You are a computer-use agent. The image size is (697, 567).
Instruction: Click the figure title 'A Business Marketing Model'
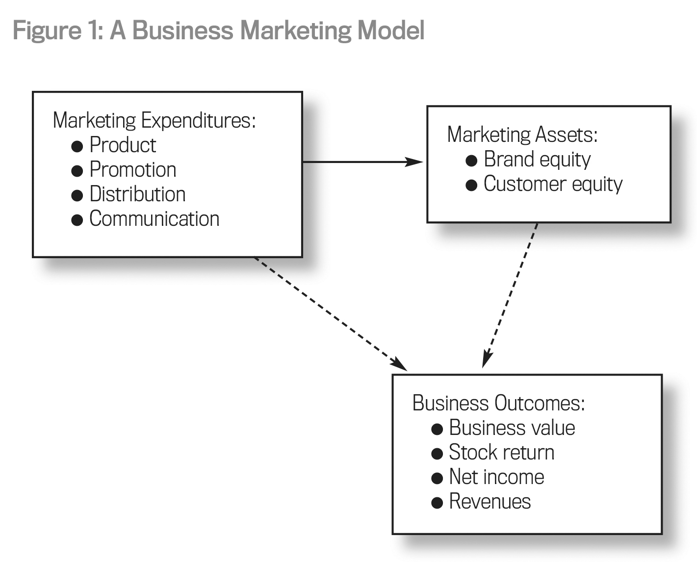[x=218, y=30]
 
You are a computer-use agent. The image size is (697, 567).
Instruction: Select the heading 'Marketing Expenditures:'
[x=154, y=120]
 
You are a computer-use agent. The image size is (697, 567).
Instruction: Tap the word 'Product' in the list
[x=123, y=145]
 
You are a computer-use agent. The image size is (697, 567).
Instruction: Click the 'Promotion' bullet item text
[x=132, y=170]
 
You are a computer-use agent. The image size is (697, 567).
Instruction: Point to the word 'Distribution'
[x=137, y=194]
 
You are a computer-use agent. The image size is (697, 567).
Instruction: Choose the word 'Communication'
[x=154, y=219]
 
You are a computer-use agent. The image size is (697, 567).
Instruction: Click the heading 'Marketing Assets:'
[x=522, y=135]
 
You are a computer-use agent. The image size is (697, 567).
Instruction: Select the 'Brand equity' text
[x=537, y=160]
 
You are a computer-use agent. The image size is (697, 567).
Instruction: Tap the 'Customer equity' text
[x=553, y=184]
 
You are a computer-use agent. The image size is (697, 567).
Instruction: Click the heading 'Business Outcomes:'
[x=498, y=403]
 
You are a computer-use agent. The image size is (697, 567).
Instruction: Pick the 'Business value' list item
[x=512, y=428]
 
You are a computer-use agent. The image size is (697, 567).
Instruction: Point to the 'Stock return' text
[x=501, y=453]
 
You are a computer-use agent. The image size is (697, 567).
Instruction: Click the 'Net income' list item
[x=496, y=477]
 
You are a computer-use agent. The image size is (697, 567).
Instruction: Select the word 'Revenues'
[x=490, y=502]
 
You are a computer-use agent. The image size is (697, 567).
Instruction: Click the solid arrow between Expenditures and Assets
[x=363, y=162]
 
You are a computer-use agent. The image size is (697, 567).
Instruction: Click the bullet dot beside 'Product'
[x=77, y=146]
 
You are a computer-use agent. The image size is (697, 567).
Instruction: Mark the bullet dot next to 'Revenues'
[x=437, y=503]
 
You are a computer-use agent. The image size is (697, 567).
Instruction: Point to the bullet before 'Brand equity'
[x=471, y=161]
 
